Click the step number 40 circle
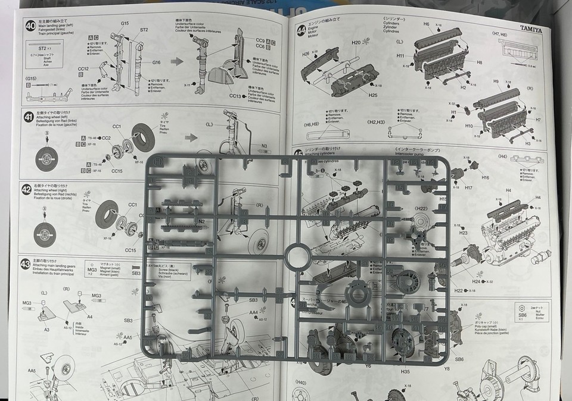pos(30,26)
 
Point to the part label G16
pos(156,62)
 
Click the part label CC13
pos(238,95)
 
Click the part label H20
pos(356,43)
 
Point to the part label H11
pos(400,55)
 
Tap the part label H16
pos(485,177)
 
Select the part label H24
pos(475,281)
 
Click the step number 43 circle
pos(25,264)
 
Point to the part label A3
pos(46,329)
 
